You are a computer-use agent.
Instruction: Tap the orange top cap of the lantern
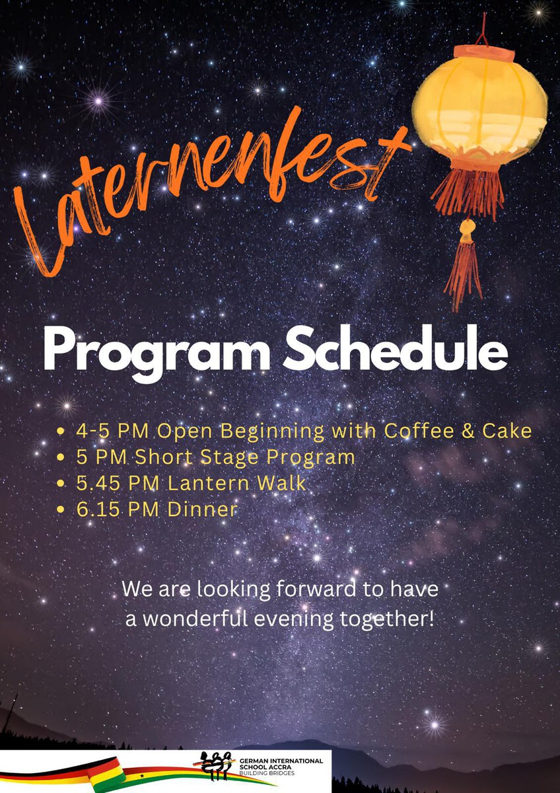[484, 53]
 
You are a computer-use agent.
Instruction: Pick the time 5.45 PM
[117, 484]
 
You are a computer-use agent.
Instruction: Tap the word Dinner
[202, 510]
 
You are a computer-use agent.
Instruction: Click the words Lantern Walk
[236, 484]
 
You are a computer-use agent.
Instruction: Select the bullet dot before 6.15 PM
[61, 510]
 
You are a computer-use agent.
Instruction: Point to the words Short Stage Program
[245, 458]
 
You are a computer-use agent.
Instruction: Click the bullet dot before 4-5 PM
[61, 431]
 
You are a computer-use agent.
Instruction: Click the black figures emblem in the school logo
[217, 763]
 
